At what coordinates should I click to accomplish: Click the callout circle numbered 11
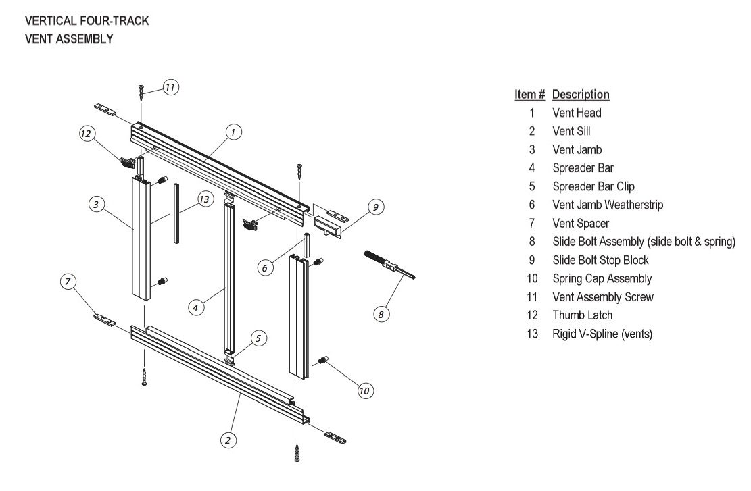(170, 87)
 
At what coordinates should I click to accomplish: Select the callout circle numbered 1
(232, 132)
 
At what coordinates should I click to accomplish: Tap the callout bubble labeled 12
(86, 134)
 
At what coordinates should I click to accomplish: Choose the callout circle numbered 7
(68, 282)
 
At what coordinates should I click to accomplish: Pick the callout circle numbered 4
(195, 307)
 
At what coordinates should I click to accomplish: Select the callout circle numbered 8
(381, 313)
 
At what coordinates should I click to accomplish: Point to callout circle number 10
(365, 390)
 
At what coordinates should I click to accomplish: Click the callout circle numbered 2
(228, 440)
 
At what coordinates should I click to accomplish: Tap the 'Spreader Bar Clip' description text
(593, 186)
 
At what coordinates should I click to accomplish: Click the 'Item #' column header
(529, 95)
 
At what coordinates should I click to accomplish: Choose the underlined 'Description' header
(581, 95)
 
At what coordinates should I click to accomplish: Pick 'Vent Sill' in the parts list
(571, 131)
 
